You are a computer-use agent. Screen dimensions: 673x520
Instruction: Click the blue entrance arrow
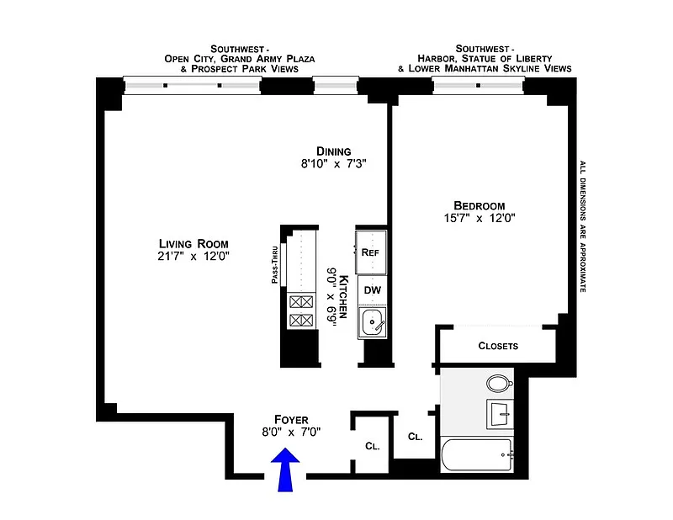[x=285, y=470]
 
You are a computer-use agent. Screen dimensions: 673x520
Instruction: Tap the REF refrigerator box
[x=371, y=252]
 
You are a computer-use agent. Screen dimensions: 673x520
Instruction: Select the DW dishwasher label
[x=372, y=290]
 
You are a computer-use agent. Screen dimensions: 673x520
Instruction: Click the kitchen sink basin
[x=372, y=322]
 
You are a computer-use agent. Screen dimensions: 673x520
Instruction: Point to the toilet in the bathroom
[x=500, y=383]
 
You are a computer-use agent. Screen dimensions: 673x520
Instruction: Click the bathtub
[x=477, y=454]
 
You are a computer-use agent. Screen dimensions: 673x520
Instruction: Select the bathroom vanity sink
[x=500, y=414]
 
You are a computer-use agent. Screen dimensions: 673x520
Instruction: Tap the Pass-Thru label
[x=275, y=264]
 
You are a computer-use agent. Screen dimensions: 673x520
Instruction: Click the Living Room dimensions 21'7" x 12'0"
[x=193, y=257]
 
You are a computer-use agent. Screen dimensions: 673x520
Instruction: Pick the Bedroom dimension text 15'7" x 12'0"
[x=480, y=218]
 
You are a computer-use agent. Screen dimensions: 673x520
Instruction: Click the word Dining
[x=333, y=151]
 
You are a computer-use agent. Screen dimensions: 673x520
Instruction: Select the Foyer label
[x=291, y=420]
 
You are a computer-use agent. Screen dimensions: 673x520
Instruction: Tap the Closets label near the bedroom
[x=498, y=346]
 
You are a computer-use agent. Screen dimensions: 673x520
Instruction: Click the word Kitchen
[x=343, y=296]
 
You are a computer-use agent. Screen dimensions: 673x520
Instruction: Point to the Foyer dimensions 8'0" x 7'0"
[x=291, y=432]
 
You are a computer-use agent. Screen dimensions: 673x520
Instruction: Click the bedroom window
[x=478, y=86]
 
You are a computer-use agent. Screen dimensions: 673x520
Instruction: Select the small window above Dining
[x=336, y=86]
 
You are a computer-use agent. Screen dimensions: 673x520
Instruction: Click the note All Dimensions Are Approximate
[x=582, y=226]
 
